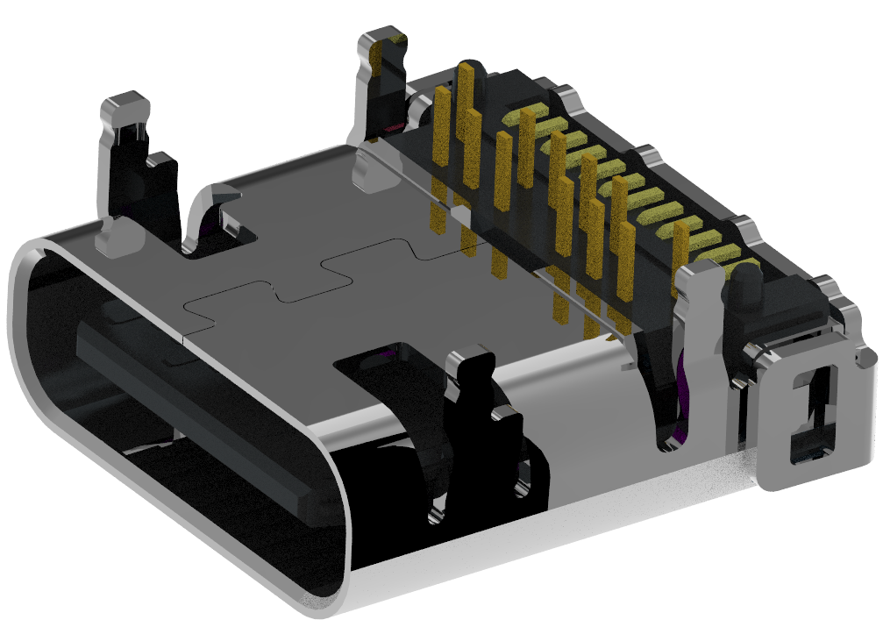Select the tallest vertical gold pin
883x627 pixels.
466,123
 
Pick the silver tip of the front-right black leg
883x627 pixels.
472,360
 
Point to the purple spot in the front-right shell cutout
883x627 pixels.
382,355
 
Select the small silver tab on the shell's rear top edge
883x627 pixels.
368,167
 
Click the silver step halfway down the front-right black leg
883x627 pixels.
503,412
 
